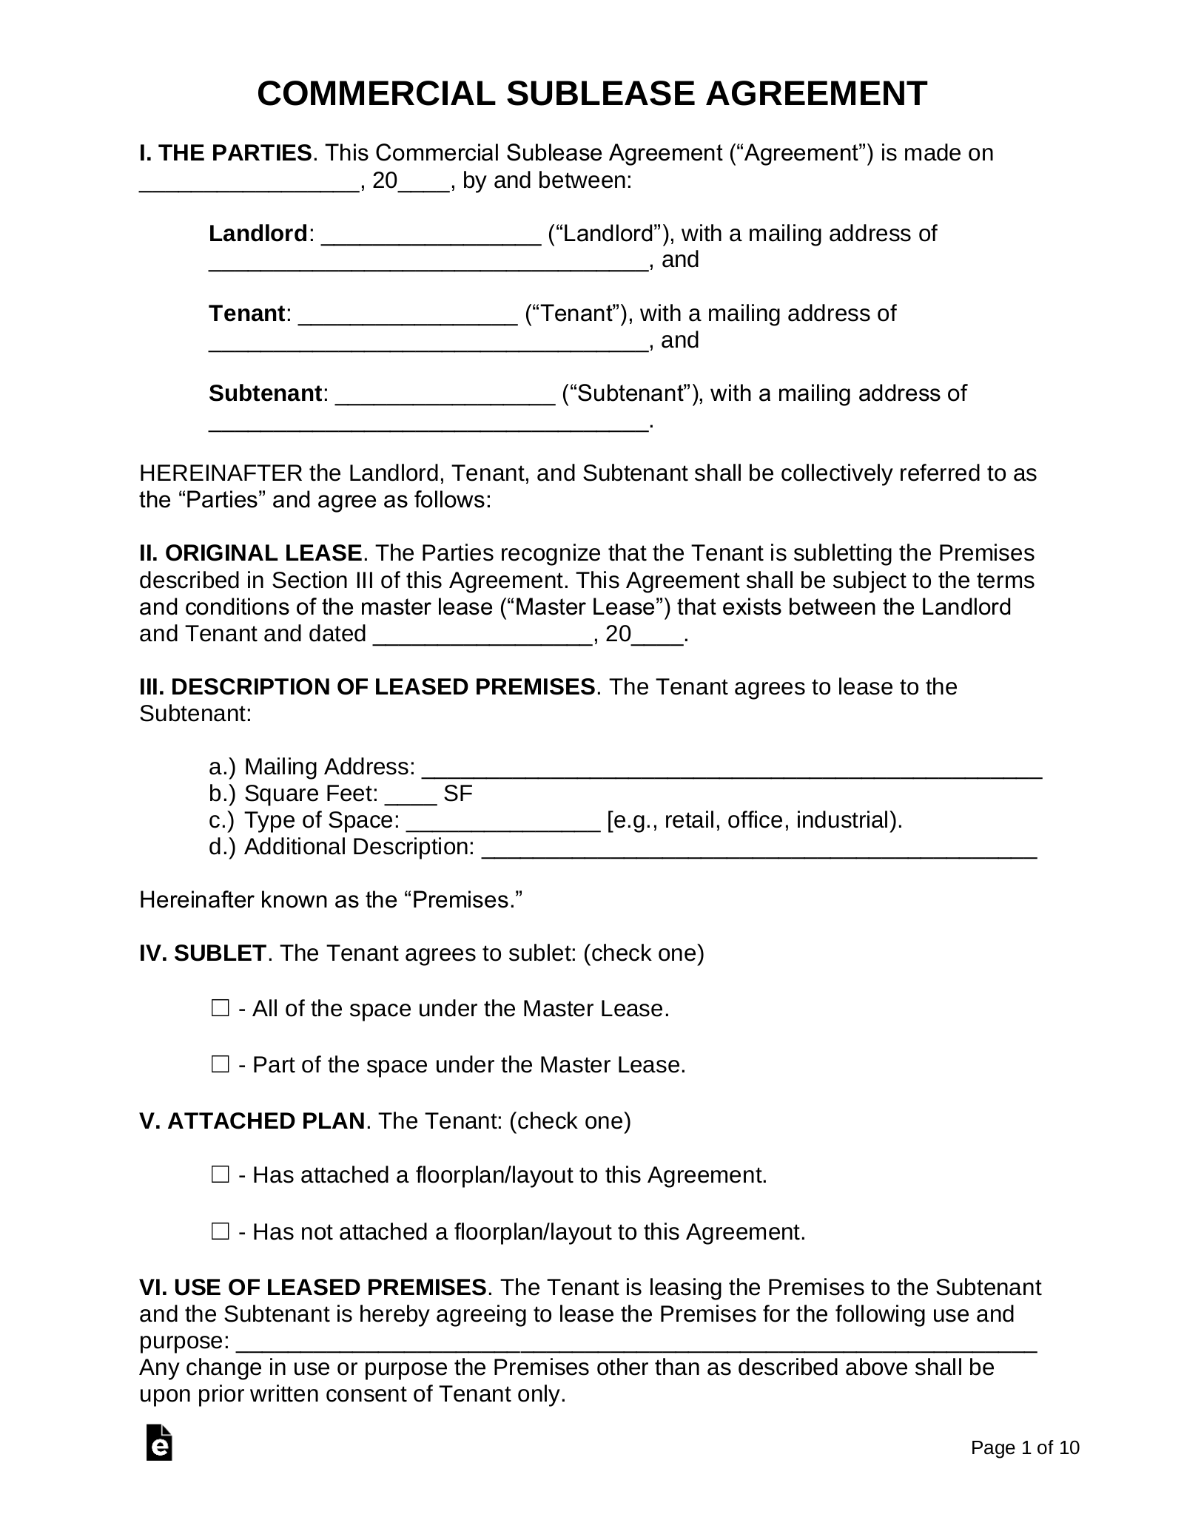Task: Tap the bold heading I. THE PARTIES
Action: coord(225,153)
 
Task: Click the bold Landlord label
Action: coord(258,234)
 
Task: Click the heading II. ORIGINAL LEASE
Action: coord(250,553)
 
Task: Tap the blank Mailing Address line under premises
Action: coord(731,769)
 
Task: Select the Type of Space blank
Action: coord(503,823)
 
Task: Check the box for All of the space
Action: coord(220,1008)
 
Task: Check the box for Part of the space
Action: coord(220,1064)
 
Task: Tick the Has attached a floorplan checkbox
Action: coord(220,1175)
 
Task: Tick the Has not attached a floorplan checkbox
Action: coord(220,1231)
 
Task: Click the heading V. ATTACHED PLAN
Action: coord(252,1121)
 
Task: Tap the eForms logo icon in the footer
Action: coord(159,1442)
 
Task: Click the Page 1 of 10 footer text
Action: coord(1025,1448)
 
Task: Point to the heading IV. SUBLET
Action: coord(202,953)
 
